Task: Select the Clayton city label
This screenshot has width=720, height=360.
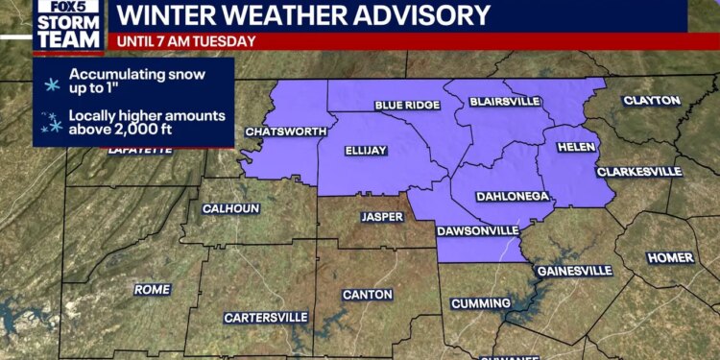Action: [652, 100]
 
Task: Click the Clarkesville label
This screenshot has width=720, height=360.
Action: [639, 172]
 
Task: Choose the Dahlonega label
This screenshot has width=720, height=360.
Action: [513, 196]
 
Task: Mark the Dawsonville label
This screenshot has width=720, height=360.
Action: [477, 231]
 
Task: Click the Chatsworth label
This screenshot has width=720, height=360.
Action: [280, 132]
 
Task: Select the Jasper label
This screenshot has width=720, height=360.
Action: [382, 217]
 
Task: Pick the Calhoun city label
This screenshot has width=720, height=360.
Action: [230, 208]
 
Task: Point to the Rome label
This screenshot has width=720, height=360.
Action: [153, 289]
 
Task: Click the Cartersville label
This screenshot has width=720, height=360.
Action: [266, 317]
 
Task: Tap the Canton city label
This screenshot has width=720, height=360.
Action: [368, 294]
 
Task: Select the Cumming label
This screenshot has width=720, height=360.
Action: [480, 303]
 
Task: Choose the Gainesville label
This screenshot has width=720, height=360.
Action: [574, 271]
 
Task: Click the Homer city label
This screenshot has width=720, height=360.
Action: [670, 257]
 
